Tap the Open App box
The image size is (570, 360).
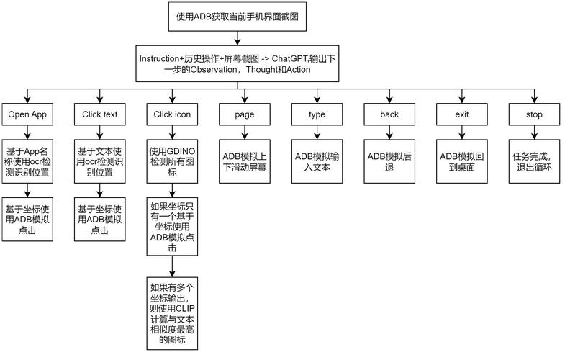[27, 114]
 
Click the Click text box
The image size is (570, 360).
[100, 114]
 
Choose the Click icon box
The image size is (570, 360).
[173, 114]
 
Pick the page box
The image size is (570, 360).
[245, 114]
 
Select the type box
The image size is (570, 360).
[317, 114]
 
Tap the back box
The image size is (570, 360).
[389, 114]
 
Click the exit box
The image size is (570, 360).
[462, 114]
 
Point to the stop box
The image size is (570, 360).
[534, 114]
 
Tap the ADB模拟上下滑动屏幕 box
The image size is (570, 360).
[245, 161]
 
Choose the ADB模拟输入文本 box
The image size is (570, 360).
[317, 161]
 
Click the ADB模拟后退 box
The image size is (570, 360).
[389, 161]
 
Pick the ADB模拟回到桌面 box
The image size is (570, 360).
[462, 161]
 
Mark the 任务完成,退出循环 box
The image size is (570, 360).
[534, 161]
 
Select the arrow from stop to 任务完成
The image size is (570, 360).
[534, 132]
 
